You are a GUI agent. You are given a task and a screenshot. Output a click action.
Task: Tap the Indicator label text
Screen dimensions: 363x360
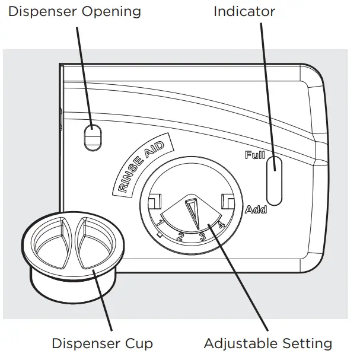pos(244,11)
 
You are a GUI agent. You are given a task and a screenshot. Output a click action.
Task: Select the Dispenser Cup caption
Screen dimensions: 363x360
pos(102,343)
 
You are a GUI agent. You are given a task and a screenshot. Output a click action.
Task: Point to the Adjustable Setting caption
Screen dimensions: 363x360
pos(267,343)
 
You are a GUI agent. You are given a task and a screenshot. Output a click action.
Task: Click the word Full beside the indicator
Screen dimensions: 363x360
pos(254,156)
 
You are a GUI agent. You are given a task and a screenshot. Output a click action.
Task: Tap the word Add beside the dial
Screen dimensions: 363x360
pos(256,209)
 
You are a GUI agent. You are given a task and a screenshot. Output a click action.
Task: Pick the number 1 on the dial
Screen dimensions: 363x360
pos(161,224)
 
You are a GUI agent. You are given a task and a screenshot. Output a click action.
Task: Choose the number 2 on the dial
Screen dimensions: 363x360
pos(181,237)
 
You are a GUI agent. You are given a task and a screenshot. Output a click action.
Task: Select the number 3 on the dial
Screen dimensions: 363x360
pos(202,237)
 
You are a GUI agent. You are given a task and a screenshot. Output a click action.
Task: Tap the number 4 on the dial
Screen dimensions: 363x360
pos(220,225)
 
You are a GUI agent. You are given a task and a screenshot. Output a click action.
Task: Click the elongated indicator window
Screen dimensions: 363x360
pos(275,179)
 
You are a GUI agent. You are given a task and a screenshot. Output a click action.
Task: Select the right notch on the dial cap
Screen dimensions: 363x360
pos(227,201)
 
